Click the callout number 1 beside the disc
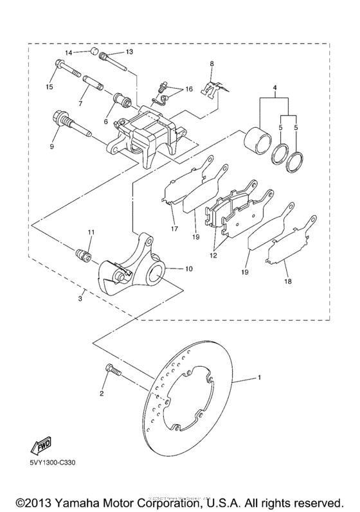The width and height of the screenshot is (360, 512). point(259,377)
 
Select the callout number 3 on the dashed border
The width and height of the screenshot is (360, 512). point(80,299)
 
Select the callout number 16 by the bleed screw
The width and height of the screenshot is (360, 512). point(189,89)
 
